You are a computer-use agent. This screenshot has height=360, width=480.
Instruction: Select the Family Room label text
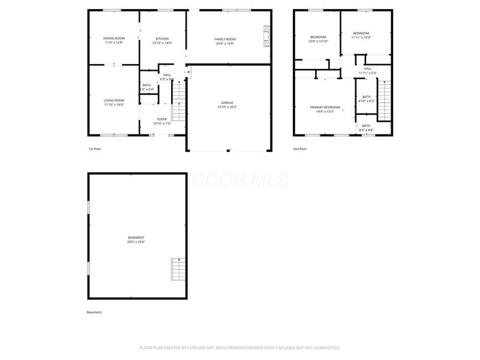click(225, 39)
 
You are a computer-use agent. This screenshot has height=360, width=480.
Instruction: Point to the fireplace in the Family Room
click(266, 35)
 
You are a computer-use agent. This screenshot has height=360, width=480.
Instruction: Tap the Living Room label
click(114, 100)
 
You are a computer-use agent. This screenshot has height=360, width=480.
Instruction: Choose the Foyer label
click(162, 119)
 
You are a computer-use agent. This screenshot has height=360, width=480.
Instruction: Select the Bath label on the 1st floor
click(146, 85)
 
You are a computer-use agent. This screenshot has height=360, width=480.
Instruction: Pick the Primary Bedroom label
click(325, 107)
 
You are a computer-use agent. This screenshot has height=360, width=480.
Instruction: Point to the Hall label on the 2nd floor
click(368, 68)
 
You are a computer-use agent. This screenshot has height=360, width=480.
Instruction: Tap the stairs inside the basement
click(178, 269)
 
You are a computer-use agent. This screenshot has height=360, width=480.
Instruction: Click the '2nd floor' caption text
click(299, 149)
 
